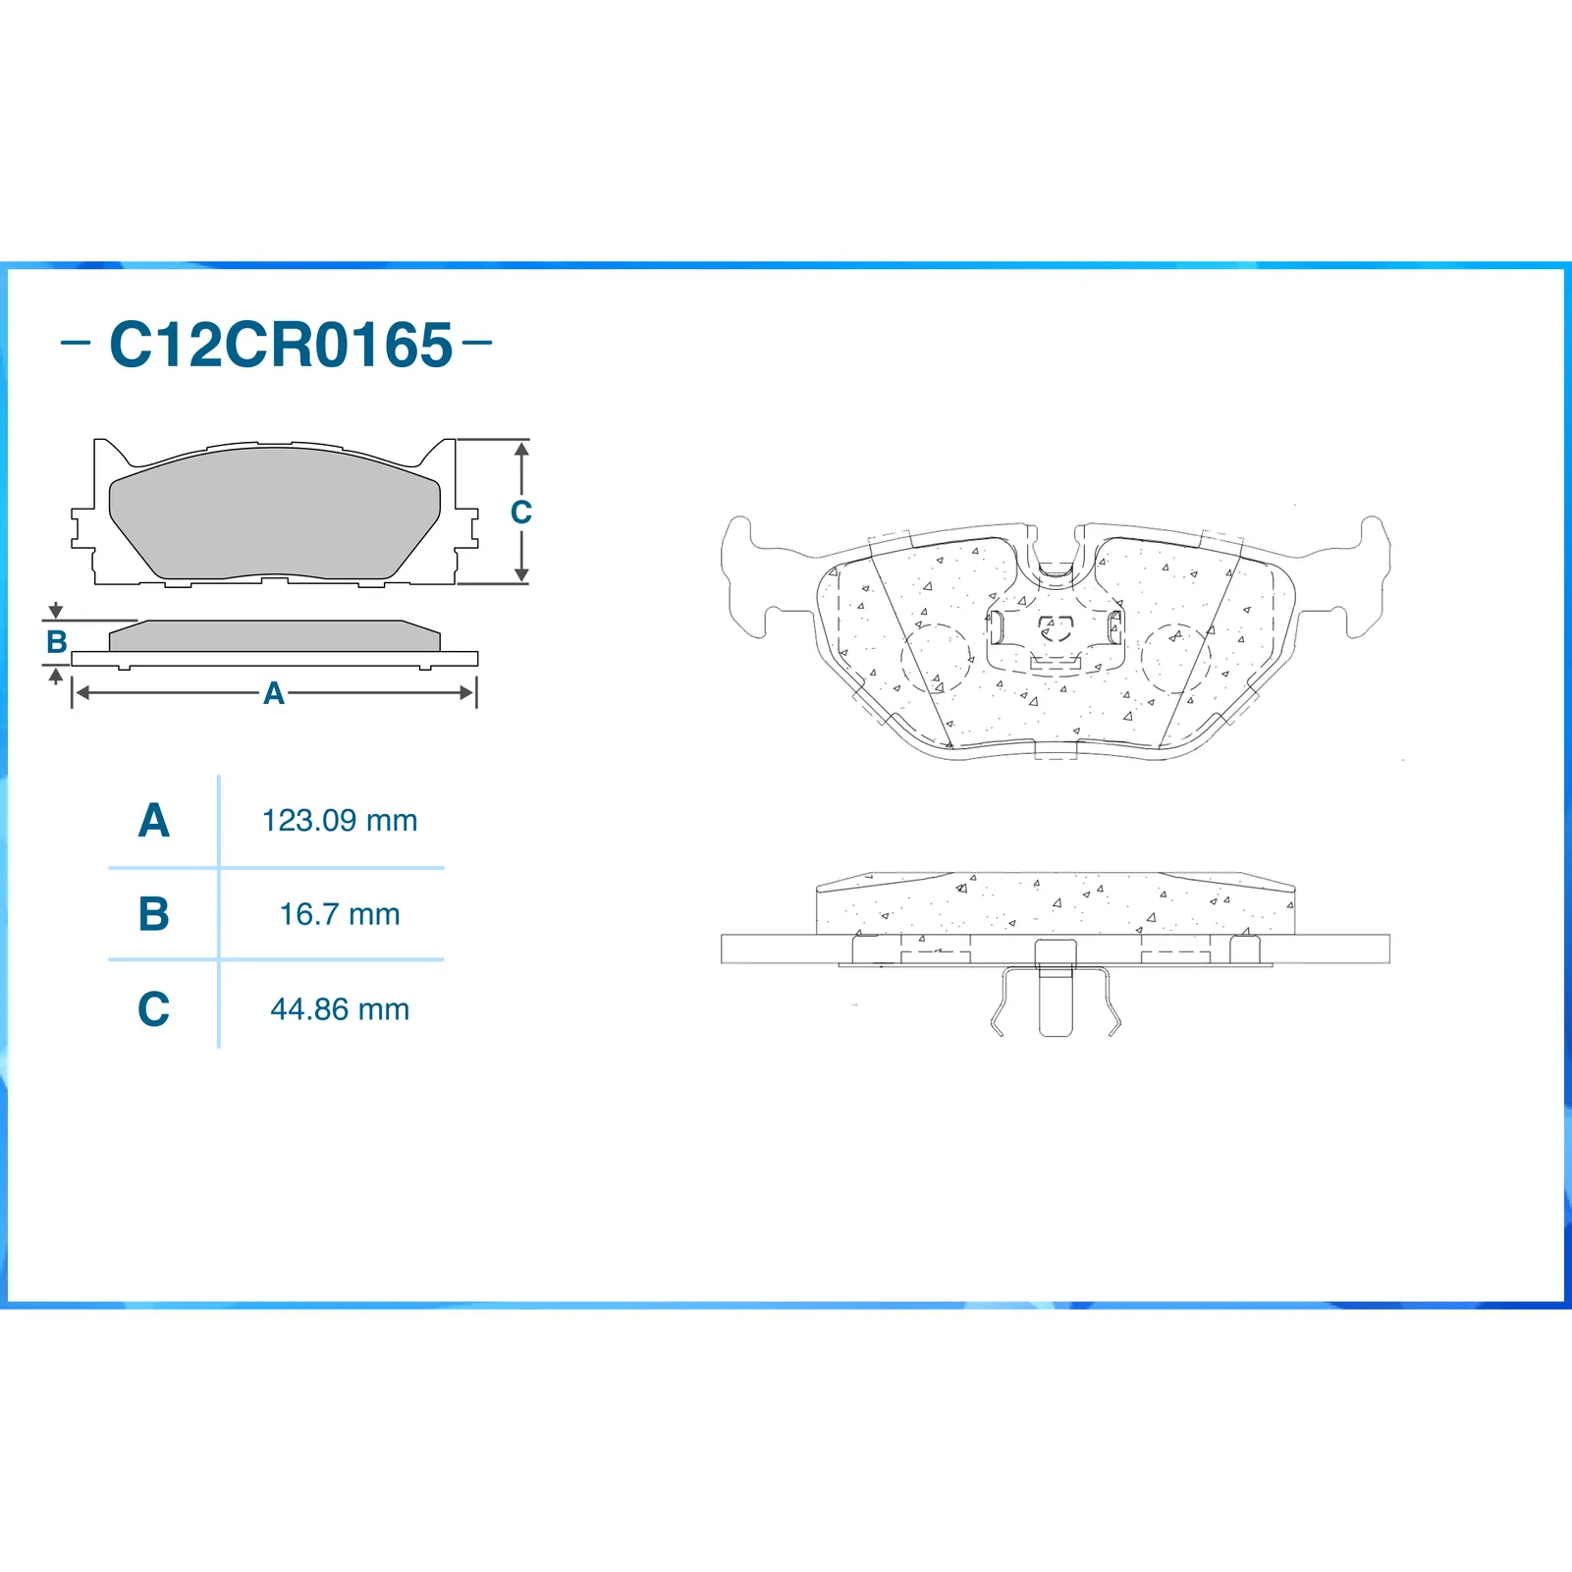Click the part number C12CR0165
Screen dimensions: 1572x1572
(x=281, y=345)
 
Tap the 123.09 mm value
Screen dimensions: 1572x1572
(x=340, y=820)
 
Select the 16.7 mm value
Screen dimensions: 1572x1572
(x=340, y=914)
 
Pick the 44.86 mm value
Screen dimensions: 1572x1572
(x=340, y=1008)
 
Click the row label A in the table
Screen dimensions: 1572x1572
(x=154, y=820)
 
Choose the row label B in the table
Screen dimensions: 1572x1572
(x=154, y=914)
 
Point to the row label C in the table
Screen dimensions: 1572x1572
(x=154, y=1008)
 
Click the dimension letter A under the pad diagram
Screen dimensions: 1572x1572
(x=274, y=693)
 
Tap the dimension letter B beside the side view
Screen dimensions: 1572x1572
(x=57, y=642)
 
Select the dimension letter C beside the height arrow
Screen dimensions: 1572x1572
(x=520, y=512)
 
